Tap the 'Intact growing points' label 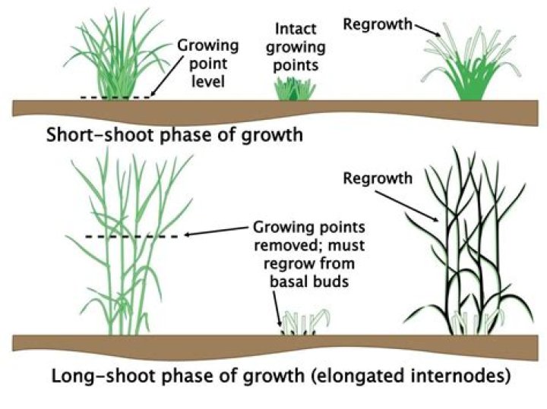tap(299, 47)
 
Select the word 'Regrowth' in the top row tap(378, 24)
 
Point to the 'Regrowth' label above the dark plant tap(377, 179)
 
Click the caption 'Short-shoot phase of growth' tap(175, 136)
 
